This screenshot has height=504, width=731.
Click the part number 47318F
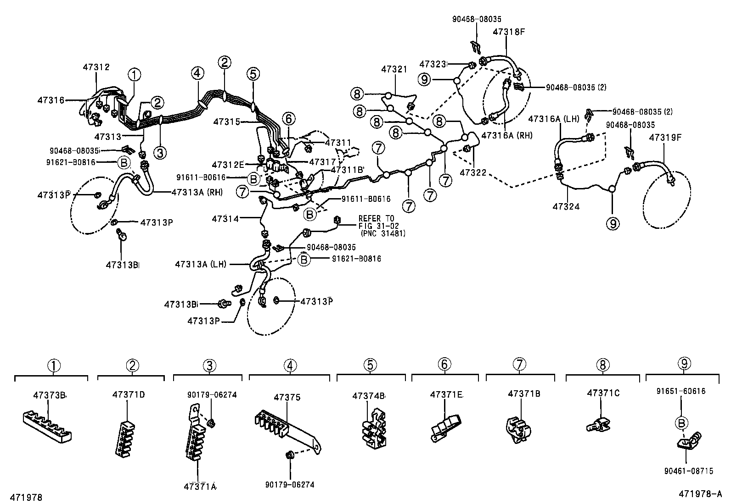(509, 33)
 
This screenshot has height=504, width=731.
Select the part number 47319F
(665, 137)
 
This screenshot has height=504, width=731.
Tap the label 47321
(394, 69)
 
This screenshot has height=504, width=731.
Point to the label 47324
(566, 206)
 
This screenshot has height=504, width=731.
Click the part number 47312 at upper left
(96, 67)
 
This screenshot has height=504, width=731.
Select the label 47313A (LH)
(201, 264)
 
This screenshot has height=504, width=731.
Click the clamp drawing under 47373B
(47, 427)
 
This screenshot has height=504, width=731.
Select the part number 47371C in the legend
(603, 393)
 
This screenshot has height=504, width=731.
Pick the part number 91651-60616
(680, 391)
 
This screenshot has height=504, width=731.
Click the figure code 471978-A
(700, 494)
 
